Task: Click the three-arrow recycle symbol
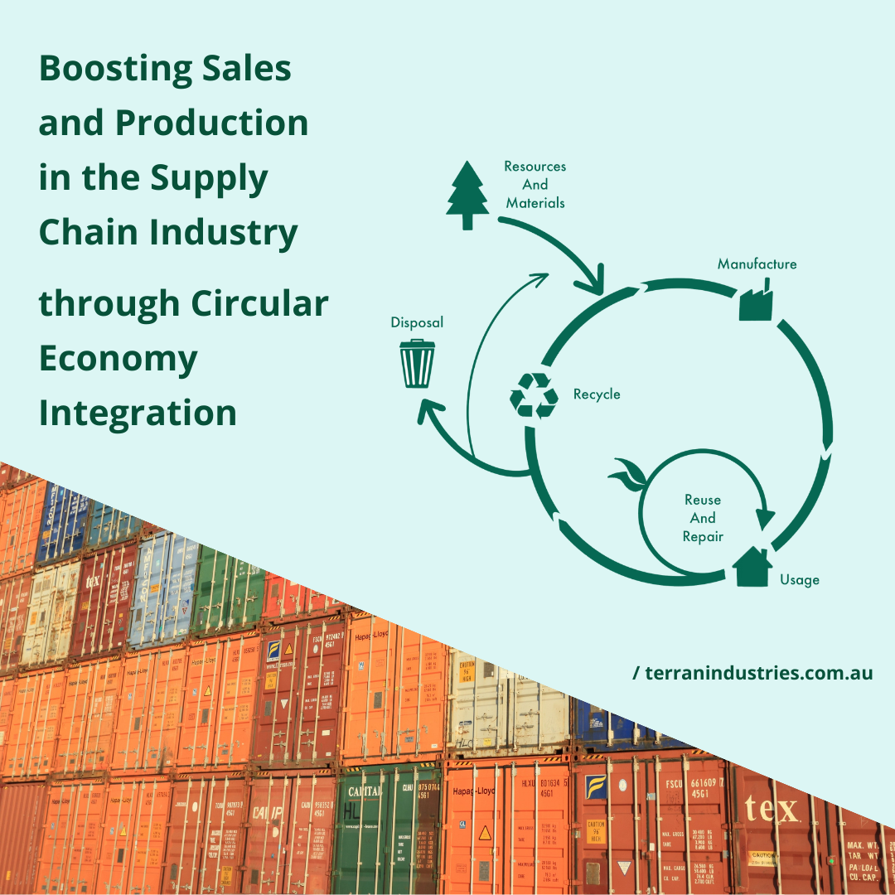point(534,394)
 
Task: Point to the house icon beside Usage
point(752,567)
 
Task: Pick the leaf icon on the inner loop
point(627,477)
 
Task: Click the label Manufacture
point(757,264)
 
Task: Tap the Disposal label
point(417,322)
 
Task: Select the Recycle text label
point(597,394)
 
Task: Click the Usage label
point(799,580)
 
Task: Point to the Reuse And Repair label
point(703,518)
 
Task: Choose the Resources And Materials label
point(535,184)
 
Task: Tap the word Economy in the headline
point(118,359)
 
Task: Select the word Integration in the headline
point(138,413)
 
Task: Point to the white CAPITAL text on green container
point(365,791)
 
